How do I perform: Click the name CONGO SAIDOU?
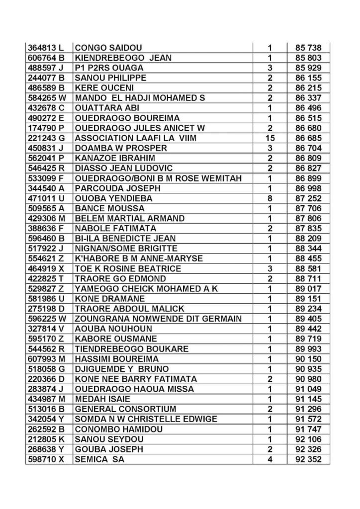click(108, 48)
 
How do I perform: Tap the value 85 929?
click(307, 68)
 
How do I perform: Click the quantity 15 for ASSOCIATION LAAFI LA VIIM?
click(270, 138)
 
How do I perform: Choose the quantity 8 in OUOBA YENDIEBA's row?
click(270, 198)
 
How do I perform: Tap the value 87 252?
click(307, 198)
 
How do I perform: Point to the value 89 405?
click(307, 319)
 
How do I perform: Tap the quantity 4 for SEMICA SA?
click(270, 459)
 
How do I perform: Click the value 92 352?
click(307, 459)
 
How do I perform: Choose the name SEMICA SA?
click(99, 459)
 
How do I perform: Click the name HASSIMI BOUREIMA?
click(116, 359)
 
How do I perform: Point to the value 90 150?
click(307, 359)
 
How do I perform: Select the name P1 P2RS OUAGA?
click(109, 68)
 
